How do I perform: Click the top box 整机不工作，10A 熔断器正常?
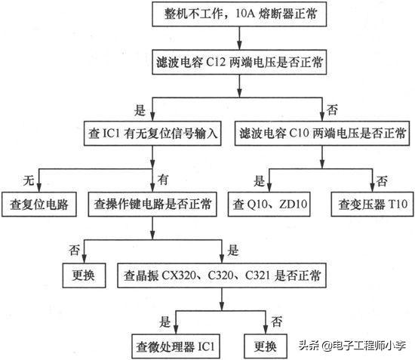click(239, 15)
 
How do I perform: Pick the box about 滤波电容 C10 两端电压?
click(321, 134)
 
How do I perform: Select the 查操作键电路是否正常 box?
click(152, 204)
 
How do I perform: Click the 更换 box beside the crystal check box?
click(83, 274)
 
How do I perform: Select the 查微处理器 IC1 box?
click(175, 346)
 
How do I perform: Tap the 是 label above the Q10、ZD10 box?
click(259, 180)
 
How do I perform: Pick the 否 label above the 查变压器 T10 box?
click(383, 180)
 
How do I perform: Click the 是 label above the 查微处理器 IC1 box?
click(165, 321)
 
